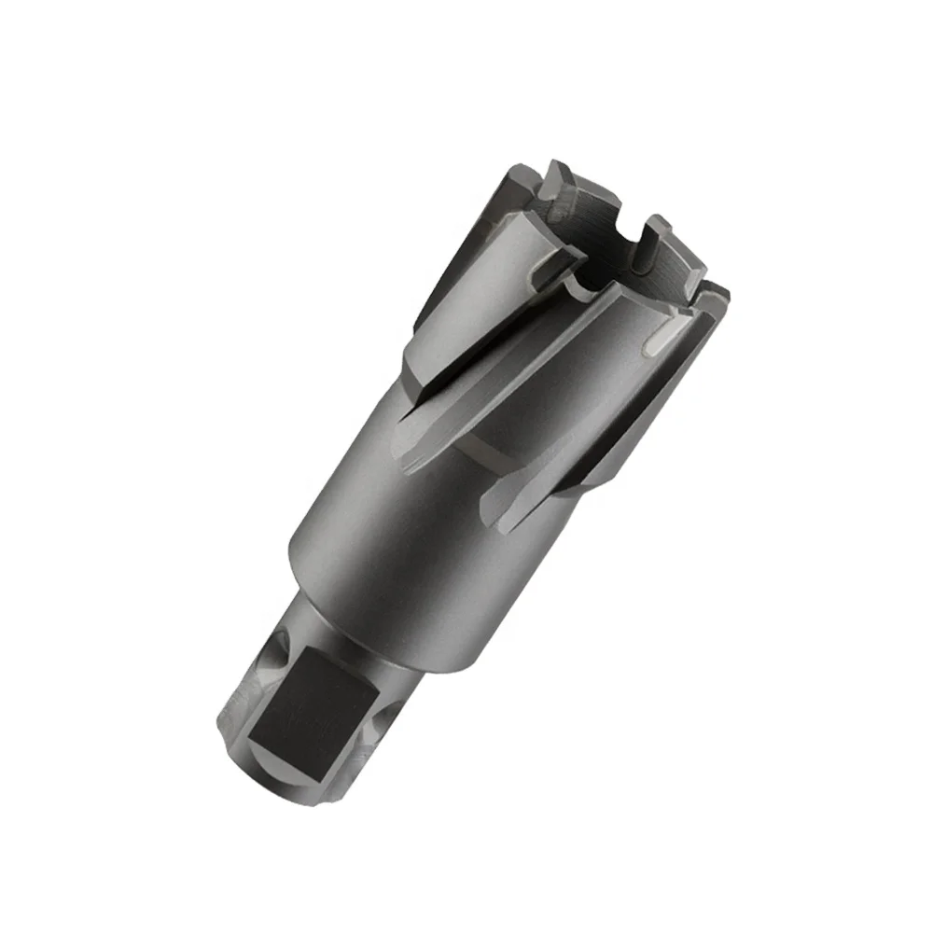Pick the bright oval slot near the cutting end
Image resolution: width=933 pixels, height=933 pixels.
(x=664, y=337)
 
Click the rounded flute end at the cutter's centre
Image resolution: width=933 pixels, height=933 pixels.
(x=411, y=439)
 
